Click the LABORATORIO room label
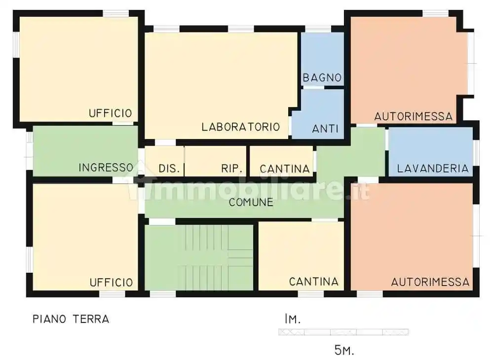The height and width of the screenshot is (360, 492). (240, 127)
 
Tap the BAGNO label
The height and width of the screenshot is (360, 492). (322, 78)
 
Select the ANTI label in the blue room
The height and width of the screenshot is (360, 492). (325, 129)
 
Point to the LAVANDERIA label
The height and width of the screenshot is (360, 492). (432, 169)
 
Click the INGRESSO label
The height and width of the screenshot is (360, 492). (106, 168)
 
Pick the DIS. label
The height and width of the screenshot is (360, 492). (169, 169)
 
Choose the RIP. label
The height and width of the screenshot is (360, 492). (231, 169)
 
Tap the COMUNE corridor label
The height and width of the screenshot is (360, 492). (251, 202)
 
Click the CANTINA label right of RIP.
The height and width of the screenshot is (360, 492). (284, 169)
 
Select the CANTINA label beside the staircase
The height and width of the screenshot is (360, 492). (313, 282)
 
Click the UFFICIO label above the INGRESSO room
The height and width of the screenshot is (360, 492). (111, 113)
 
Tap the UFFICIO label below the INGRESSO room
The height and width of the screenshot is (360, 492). (111, 283)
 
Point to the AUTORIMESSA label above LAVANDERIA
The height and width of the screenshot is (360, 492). (413, 117)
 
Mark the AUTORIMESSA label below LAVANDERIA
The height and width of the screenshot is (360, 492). (430, 283)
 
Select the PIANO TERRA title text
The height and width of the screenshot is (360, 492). (71, 319)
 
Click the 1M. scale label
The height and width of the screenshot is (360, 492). (292, 320)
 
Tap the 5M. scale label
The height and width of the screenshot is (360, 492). (344, 351)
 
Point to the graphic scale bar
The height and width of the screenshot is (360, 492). (343, 332)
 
